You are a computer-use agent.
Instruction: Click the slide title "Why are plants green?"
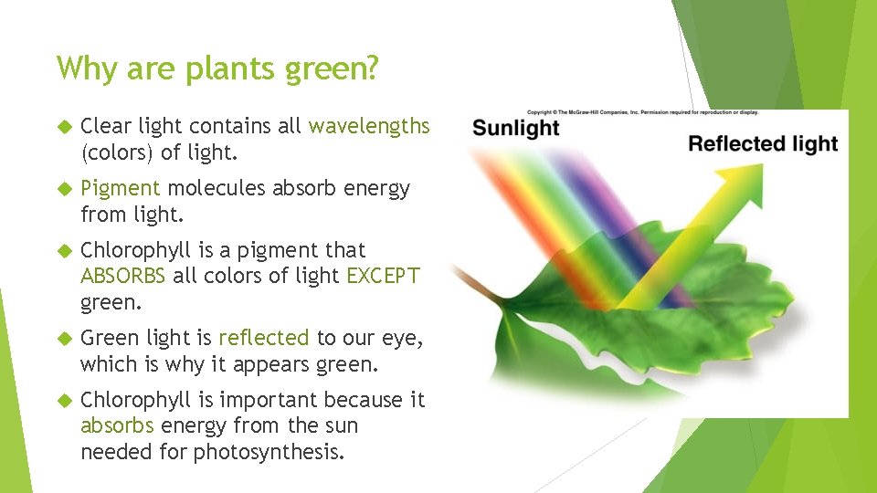tap(217, 68)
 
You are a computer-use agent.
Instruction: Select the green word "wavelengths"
tap(369, 126)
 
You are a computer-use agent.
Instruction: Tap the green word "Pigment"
tap(121, 188)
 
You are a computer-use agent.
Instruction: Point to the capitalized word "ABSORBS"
tap(123, 276)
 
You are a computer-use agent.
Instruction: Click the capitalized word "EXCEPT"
tap(383, 276)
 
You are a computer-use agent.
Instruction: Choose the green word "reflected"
tap(264, 338)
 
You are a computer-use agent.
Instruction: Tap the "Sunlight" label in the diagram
tap(515, 128)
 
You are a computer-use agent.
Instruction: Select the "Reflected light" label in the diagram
tap(762, 144)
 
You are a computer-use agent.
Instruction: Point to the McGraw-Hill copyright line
tap(642, 112)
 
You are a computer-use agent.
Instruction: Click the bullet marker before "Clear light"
tap(63, 127)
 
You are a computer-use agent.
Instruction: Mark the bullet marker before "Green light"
tap(63, 339)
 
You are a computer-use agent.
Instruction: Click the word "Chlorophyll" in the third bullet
tap(131, 250)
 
